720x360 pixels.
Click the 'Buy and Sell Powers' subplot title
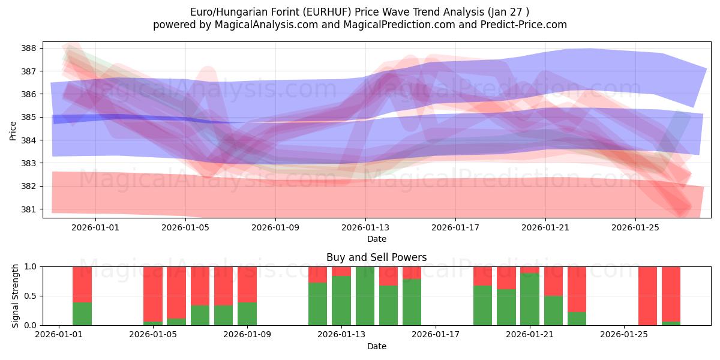click(376, 257)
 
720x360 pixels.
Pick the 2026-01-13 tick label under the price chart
click(365, 227)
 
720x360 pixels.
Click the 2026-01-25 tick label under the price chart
click(635, 227)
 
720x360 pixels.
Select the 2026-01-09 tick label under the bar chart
click(247, 334)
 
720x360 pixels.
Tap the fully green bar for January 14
click(365, 296)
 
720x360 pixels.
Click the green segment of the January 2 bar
click(82, 314)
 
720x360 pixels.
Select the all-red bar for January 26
click(647, 296)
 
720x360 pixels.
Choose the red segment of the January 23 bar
click(577, 289)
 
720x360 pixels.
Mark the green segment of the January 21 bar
click(530, 299)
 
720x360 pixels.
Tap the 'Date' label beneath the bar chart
click(376, 346)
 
